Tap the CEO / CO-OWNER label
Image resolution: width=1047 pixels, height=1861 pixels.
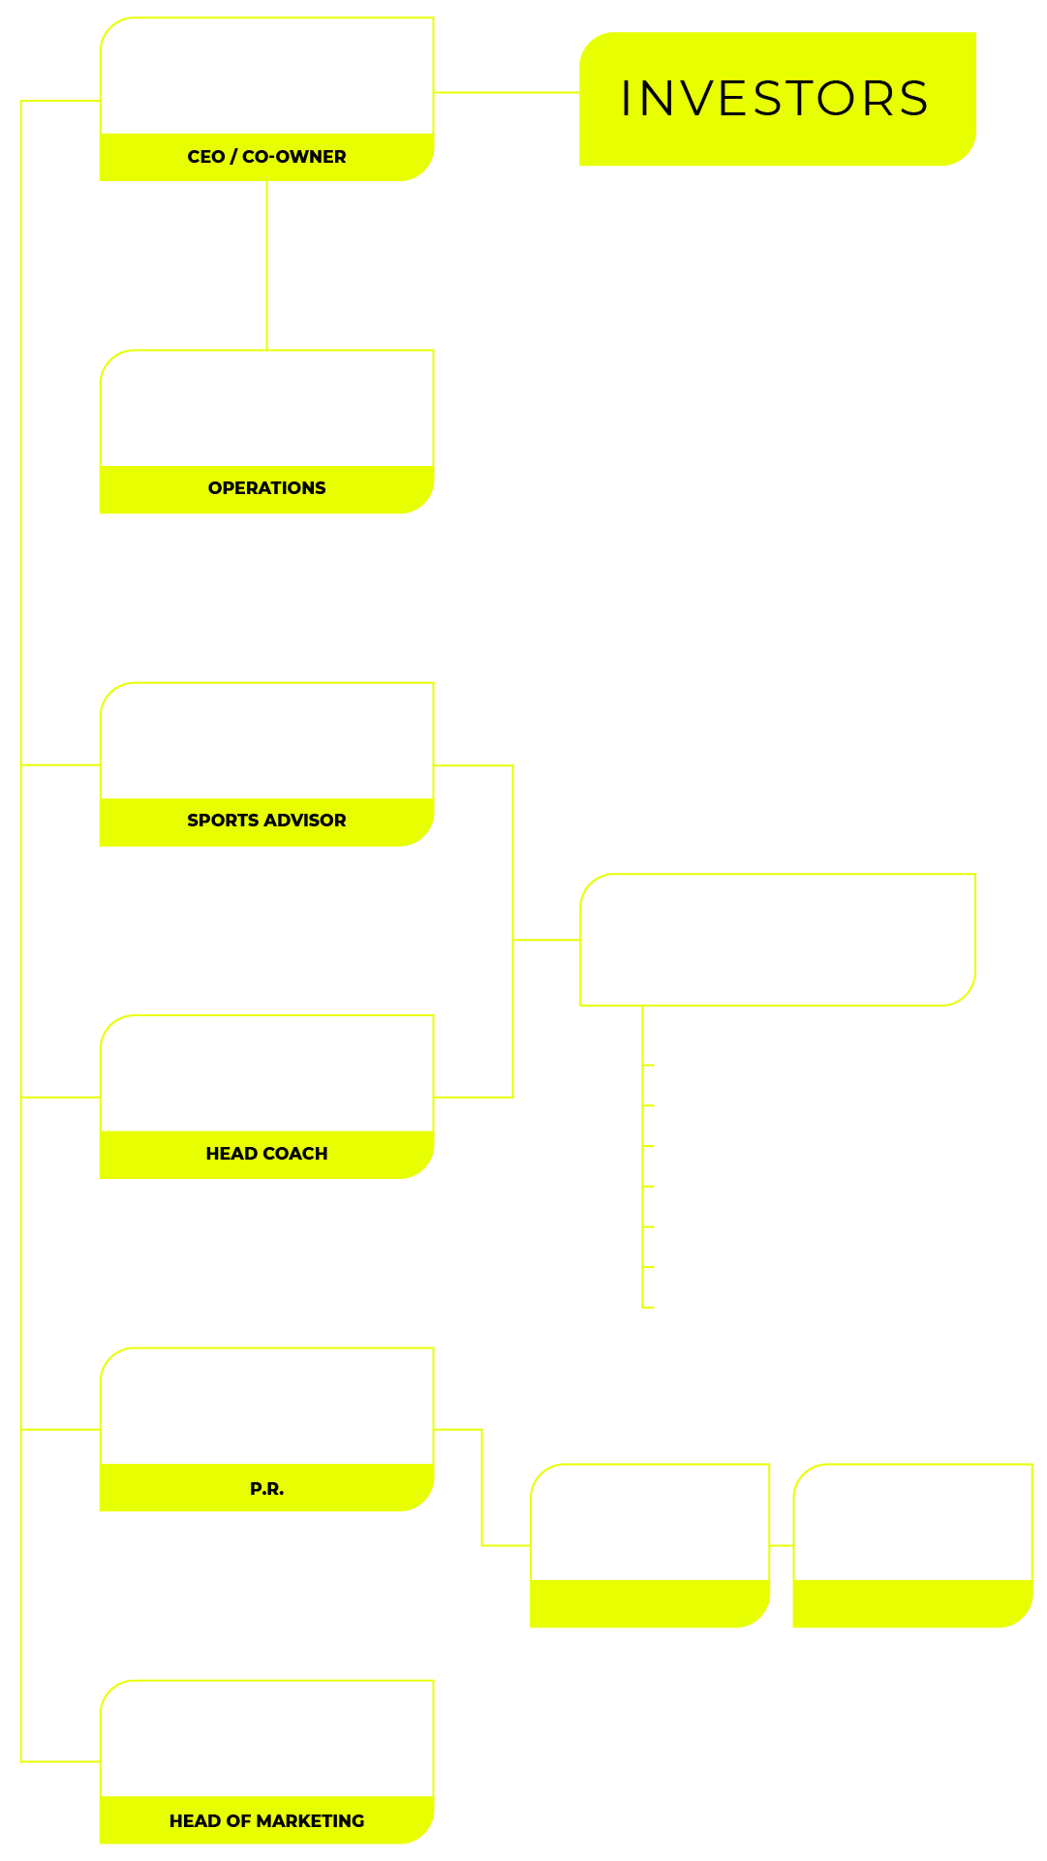[x=266, y=157]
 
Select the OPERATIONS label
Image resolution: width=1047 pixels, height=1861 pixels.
[x=266, y=488]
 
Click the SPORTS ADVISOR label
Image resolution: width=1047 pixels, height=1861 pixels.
[x=266, y=821]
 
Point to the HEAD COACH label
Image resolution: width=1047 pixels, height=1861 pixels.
[x=266, y=1154]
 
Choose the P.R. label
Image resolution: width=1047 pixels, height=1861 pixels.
[x=266, y=1489]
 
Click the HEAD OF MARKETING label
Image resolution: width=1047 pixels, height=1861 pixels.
[x=266, y=1821]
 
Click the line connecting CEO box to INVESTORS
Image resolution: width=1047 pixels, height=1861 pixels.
[x=506, y=93]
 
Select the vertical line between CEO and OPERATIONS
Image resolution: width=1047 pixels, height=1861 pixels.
[x=266, y=265]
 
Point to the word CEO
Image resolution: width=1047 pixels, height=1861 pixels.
[x=205, y=157]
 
